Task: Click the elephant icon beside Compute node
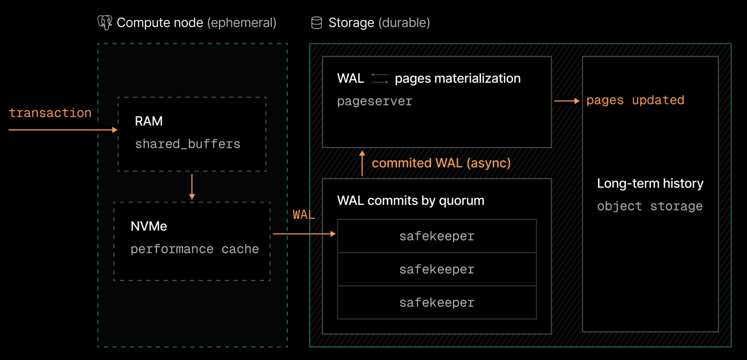click(105, 23)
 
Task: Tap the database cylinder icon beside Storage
click(317, 23)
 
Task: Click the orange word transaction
click(50, 113)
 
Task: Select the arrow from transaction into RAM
click(62, 130)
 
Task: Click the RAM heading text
click(149, 121)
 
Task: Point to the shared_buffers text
click(188, 144)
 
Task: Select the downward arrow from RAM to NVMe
click(192, 187)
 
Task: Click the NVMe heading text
click(149, 226)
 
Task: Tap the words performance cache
click(195, 249)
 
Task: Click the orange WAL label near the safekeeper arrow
click(303, 215)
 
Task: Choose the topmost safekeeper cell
click(437, 236)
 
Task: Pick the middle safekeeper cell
click(437, 269)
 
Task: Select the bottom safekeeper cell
click(437, 302)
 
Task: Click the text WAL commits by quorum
click(410, 201)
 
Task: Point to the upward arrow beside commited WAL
click(362, 163)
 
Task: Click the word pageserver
click(374, 101)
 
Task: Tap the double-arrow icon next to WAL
click(379, 78)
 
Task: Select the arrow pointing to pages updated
click(566, 101)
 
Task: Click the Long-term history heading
click(650, 183)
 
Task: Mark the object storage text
click(650, 206)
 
